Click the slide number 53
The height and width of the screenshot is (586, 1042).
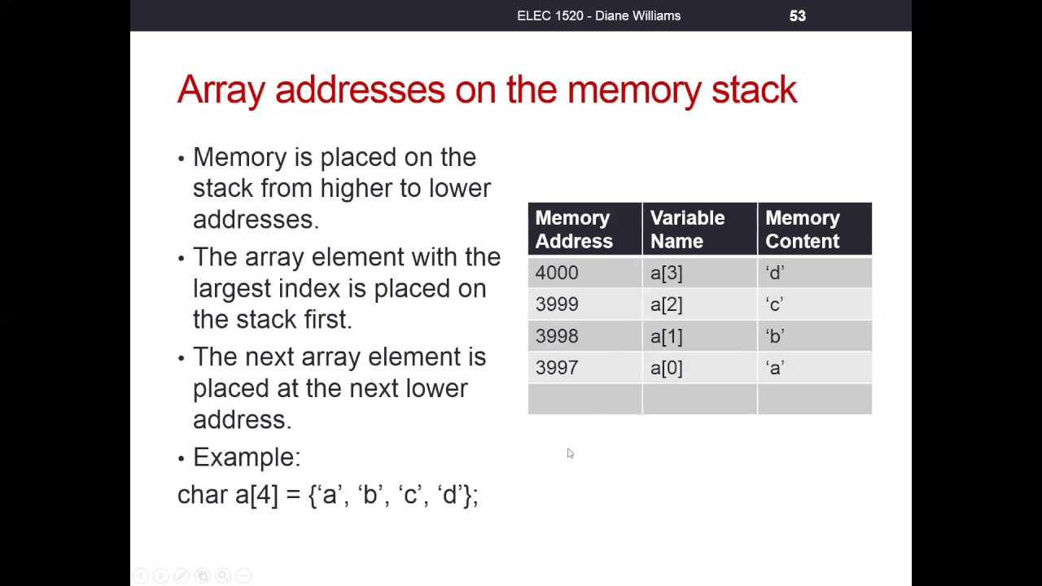pos(797,15)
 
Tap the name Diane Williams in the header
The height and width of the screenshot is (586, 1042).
pos(637,15)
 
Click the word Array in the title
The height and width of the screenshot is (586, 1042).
pos(221,90)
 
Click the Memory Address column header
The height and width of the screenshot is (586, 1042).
pos(584,229)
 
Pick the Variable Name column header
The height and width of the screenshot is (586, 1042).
pos(700,229)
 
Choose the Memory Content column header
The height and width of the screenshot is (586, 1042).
pos(815,229)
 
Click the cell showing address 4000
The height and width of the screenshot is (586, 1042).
pos(584,273)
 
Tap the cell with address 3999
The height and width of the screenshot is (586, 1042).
pos(584,304)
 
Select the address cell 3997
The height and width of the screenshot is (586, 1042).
pos(584,367)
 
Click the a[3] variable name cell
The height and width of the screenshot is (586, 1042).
pos(700,273)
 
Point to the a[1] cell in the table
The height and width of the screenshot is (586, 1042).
pos(700,336)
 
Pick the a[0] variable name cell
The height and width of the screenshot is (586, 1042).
pos(700,367)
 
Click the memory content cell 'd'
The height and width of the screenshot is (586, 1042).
pos(815,273)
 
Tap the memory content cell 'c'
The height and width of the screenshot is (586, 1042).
pos(815,304)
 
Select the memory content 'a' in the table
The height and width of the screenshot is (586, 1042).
pos(815,367)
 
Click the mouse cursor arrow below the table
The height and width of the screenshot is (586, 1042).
pos(571,453)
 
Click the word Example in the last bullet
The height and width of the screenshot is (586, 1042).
pos(247,457)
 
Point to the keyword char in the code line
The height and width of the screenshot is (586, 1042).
pos(203,494)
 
